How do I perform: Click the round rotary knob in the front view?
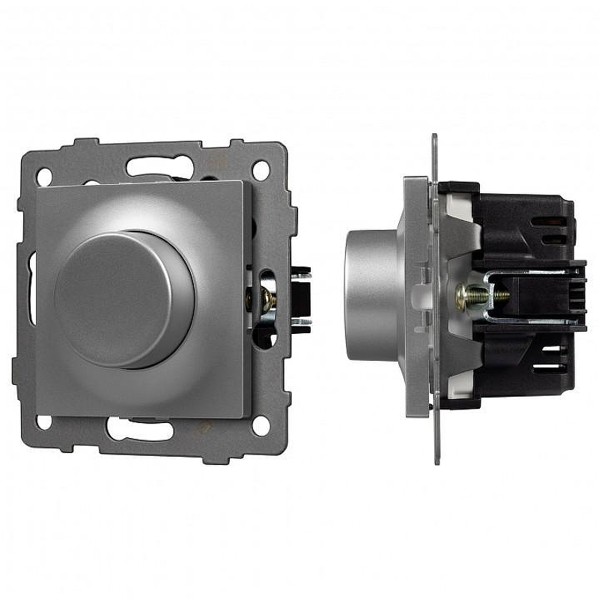coord(124,298)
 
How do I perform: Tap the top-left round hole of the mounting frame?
coord(45,174)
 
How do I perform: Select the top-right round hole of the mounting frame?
coord(260,170)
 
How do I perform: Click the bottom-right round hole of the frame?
coord(260,426)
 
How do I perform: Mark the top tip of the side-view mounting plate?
coord(434,139)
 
